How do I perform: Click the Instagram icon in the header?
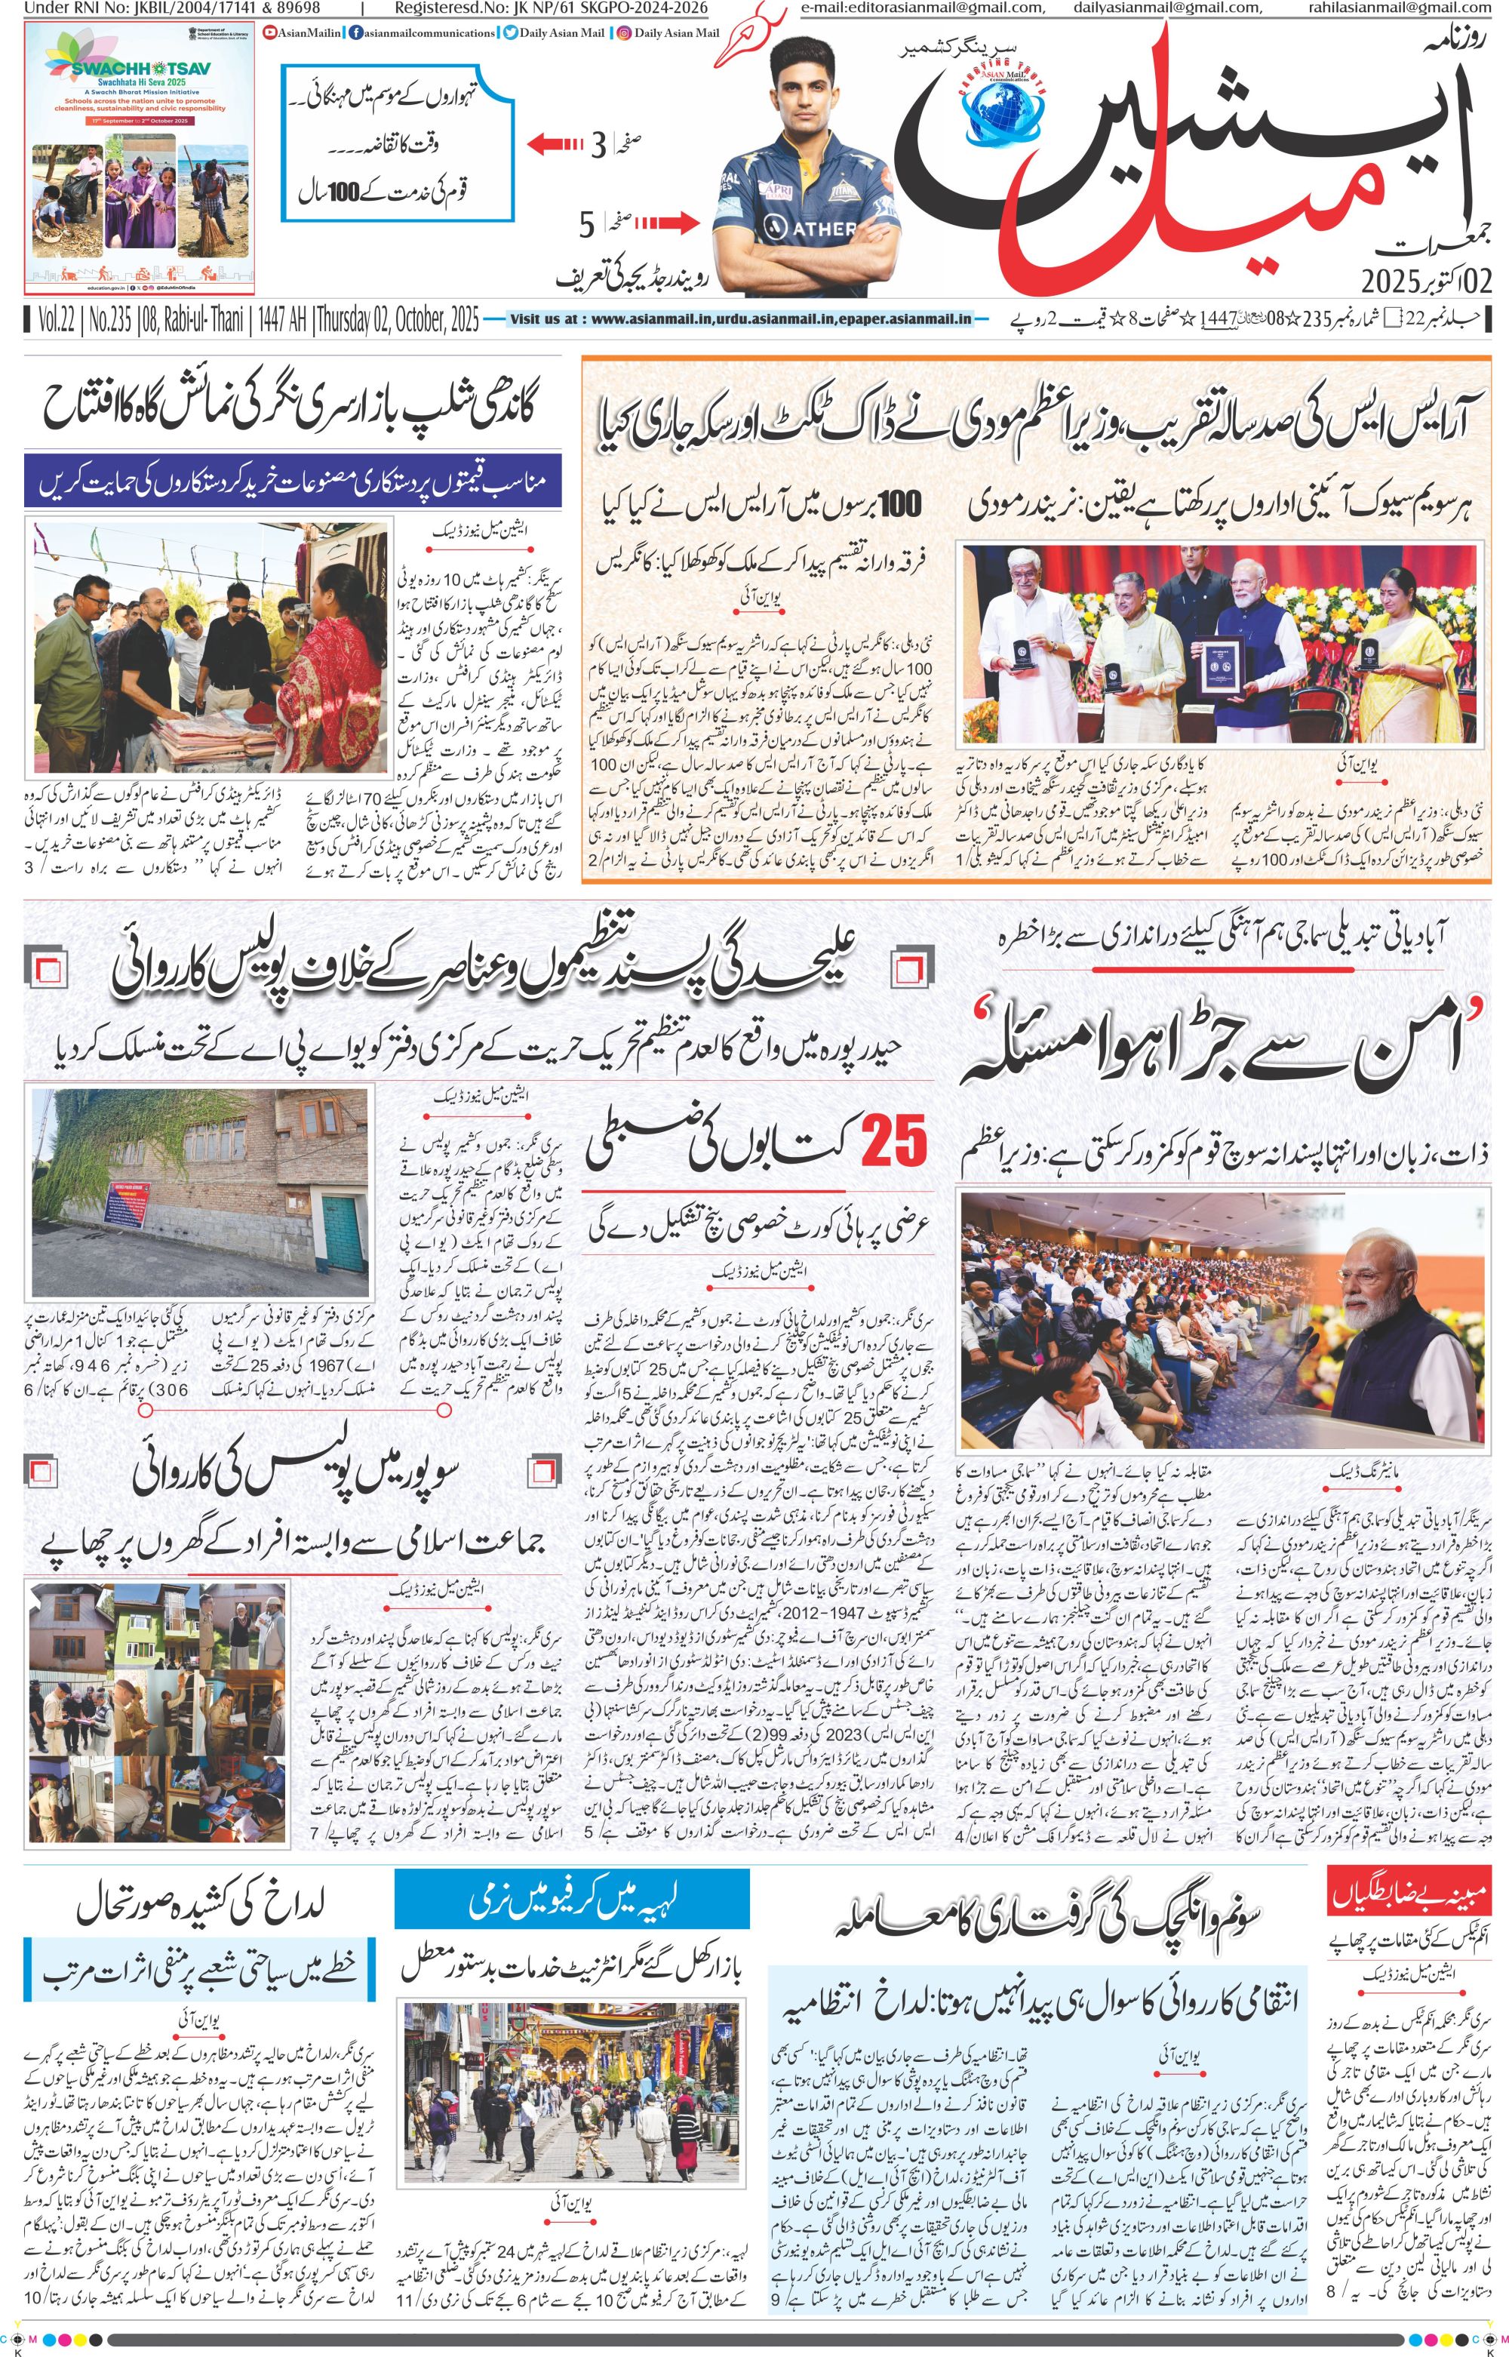coord(623,33)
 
